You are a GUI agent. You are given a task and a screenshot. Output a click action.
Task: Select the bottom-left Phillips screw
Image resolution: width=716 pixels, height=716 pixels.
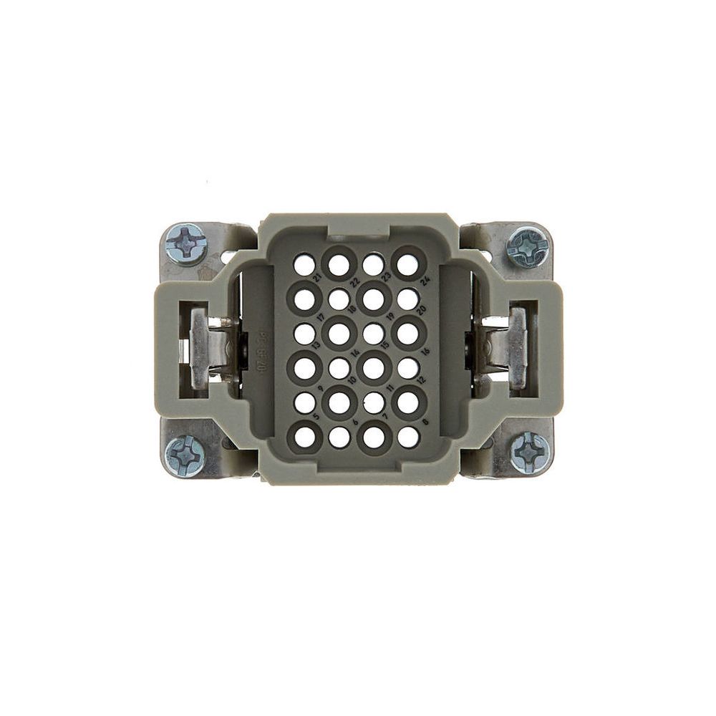(185, 455)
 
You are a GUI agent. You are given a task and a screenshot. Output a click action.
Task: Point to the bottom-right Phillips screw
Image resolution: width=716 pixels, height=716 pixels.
(531, 453)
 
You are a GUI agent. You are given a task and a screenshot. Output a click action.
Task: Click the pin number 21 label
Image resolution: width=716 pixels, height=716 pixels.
(317, 279)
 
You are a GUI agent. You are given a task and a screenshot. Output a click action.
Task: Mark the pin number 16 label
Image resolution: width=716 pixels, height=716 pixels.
(425, 352)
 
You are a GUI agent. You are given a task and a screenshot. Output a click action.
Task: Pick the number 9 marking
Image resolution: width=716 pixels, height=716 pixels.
(320, 387)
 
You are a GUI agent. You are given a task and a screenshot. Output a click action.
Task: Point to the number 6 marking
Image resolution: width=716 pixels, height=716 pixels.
(356, 422)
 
